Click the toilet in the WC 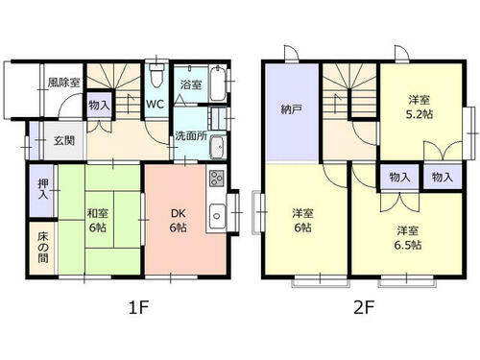[156, 75]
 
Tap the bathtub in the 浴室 [218, 84]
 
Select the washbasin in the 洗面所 [218, 147]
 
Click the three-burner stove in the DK [217, 179]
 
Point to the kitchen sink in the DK [217, 216]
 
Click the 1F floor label [139, 307]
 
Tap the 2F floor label [364, 307]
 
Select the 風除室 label [63, 83]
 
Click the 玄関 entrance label [64, 140]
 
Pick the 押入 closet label [43, 189]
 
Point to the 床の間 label [43, 248]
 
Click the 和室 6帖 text [98, 220]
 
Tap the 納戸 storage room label [291, 109]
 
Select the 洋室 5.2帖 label [420, 107]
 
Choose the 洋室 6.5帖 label [408, 238]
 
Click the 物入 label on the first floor [99, 105]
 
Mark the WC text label [156, 104]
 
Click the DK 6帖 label [179, 220]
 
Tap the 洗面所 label [191, 136]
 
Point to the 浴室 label [191, 84]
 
